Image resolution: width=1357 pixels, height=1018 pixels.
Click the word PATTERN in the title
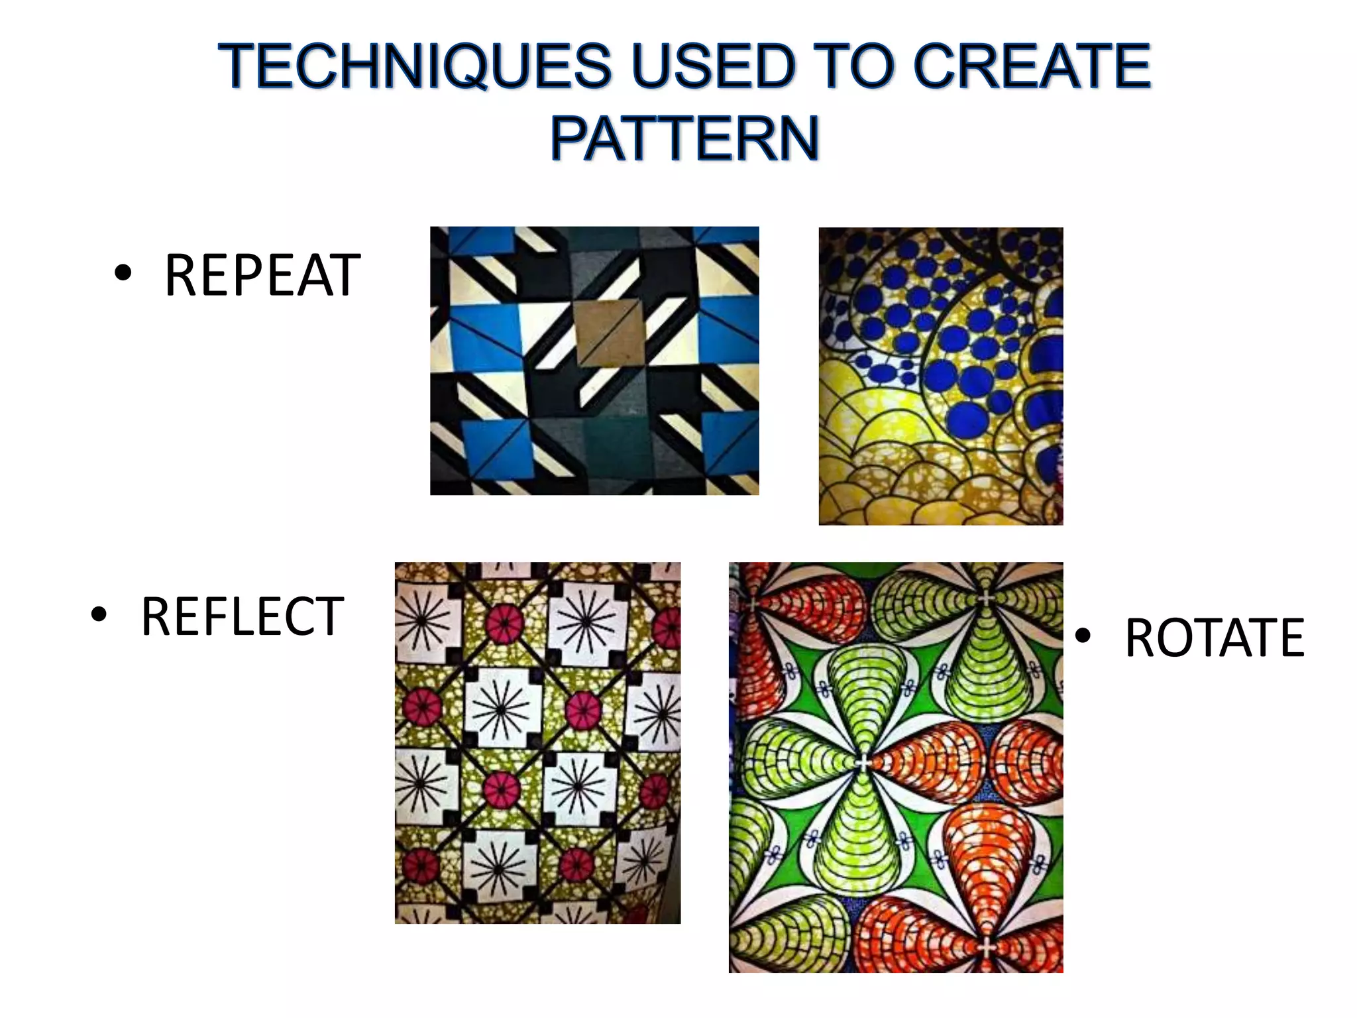click(x=685, y=139)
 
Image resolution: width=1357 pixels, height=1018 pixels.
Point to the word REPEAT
click(x=262, y=276)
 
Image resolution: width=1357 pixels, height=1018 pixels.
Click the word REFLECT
click(x=242, y=617)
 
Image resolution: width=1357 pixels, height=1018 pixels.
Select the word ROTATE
click(x=1215, y=638)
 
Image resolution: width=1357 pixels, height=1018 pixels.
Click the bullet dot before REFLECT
click(x=99, y=614)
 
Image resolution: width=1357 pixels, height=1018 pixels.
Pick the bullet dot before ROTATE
click(x=1083, y=636)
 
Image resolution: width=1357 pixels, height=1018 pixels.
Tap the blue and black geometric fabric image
click(x=594, y=361)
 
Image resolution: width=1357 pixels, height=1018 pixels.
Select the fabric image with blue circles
click(x=941, y=376)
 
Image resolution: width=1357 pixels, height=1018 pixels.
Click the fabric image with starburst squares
click(x=537, y=742)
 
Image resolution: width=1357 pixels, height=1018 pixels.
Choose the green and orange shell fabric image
click(x=896, y=767)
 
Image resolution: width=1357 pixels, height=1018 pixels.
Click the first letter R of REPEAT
click(x=181, y=276)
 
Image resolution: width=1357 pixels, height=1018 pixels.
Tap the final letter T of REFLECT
click(x=329, y=617)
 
